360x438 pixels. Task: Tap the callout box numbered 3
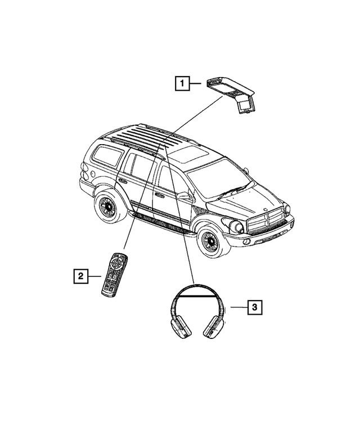click(254, 307)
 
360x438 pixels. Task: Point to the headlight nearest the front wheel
click(237, 226)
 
